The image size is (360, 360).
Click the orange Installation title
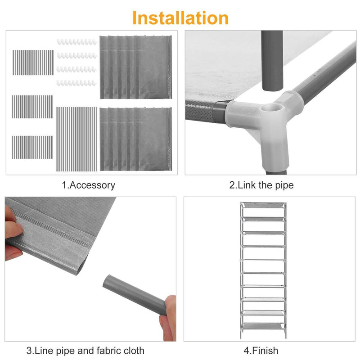tap(180, 18)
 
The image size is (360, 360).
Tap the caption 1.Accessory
tap(88, 185)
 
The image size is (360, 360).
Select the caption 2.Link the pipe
tap(261, 185)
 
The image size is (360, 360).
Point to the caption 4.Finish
tap(261, 351)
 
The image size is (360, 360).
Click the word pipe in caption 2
tap(284, 185)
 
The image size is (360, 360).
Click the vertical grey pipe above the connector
tap(272, 61)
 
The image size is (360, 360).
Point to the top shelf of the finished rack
tap(263, 205)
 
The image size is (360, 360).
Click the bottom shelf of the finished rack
tap(262, 326)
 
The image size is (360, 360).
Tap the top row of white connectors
tap(76, 42)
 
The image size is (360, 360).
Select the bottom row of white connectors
tap(76, 83)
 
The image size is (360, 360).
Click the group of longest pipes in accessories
tap(76, 139)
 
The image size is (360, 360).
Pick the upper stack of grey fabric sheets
tap(136, 67)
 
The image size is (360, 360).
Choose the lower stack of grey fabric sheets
tap(136, 139)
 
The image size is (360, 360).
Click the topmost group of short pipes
tap(33, 63)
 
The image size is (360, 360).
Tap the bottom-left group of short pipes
tap(32, 147)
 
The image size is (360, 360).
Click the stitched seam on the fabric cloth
tap(52, 228)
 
